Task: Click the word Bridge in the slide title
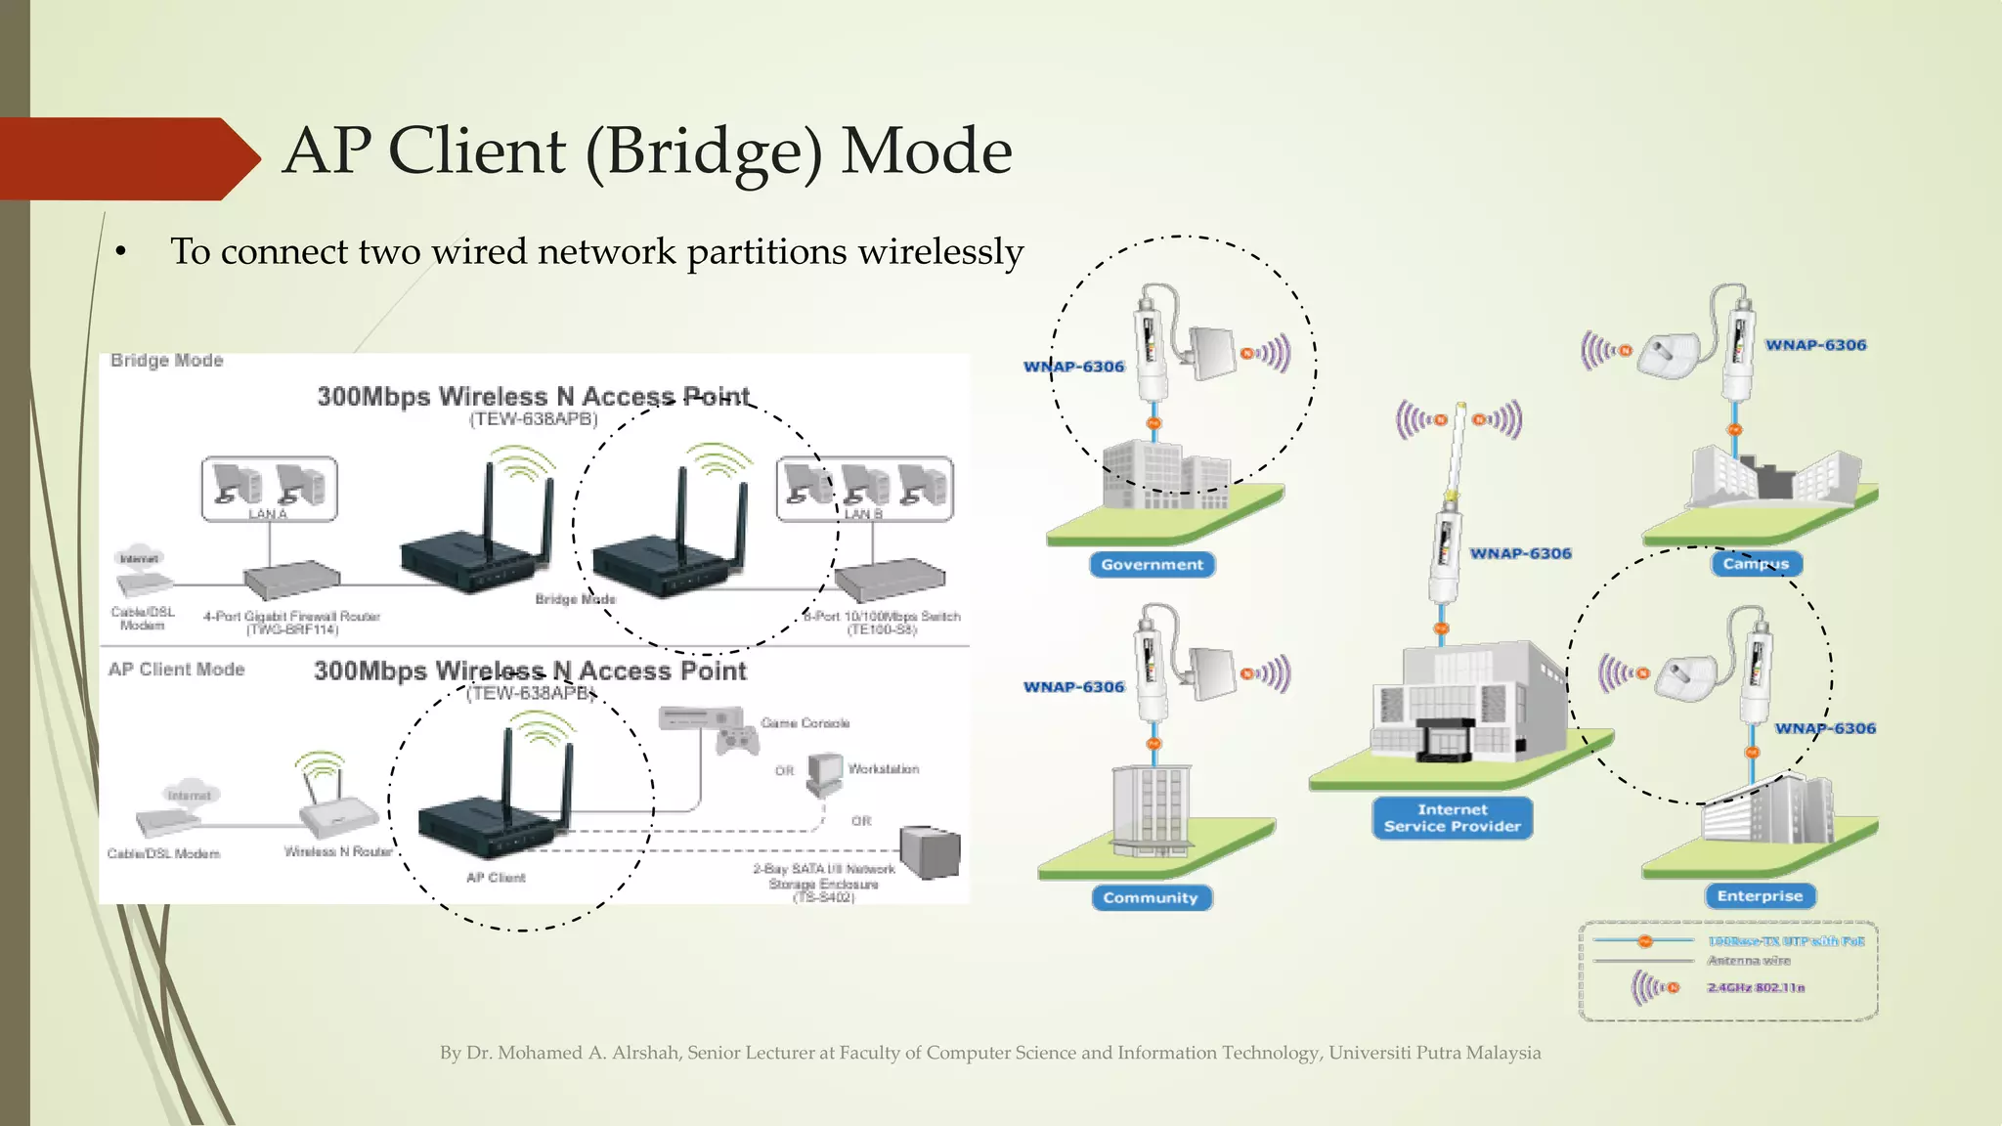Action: pos(705,152)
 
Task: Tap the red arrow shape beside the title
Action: pos(127,158)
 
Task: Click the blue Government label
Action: pos(1152,565)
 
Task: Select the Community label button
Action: pos(1151,898)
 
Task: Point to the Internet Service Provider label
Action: pos(1452,818)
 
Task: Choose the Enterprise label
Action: pos(1760,896)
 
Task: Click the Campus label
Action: pos(1756,564)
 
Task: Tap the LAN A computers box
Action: pos(269,487)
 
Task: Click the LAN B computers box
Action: pos(865,488)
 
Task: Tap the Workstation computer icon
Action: pos(824,773)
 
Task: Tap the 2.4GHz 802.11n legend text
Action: pos(1756,988)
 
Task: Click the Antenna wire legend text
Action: pos(1748,961)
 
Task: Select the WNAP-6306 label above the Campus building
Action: pos(1815,345)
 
